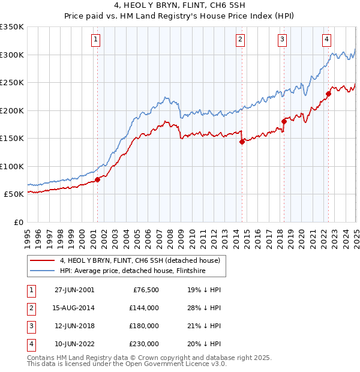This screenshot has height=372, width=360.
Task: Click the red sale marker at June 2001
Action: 97,179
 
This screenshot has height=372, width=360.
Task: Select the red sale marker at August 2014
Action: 242,142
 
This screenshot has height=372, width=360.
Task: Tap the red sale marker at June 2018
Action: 284,122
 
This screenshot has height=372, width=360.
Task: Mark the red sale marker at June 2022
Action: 328,94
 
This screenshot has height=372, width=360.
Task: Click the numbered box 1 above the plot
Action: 96,40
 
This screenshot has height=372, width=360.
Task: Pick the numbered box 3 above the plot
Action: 282,40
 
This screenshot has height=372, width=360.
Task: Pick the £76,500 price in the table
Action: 145,289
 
